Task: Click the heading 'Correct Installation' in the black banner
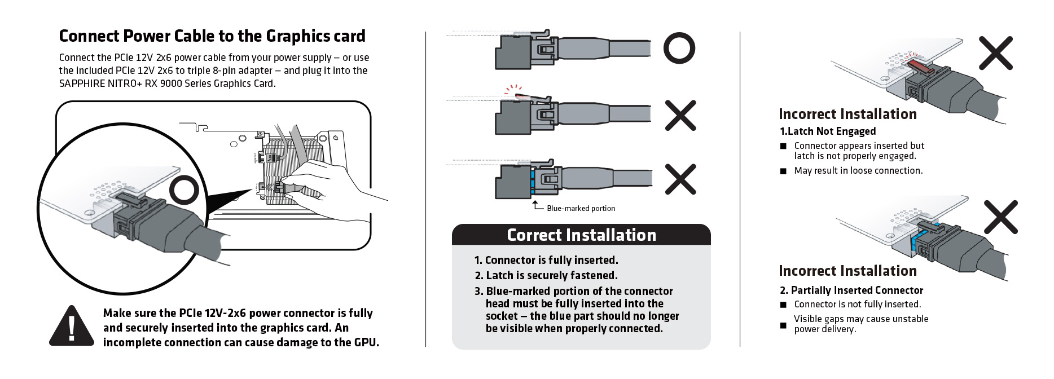point(581,235)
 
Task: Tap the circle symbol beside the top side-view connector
point(679,49)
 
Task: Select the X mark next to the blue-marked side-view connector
point(680,179)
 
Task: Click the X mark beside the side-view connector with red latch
point(680,115)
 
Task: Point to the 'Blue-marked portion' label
point(581,208)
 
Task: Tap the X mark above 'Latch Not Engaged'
point(995,53)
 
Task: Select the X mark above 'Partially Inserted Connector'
point(1000,217)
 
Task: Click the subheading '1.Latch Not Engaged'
point(827,131)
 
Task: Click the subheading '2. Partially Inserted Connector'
point(851,290)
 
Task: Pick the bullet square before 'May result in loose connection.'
point(783,171)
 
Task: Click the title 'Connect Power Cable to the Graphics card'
point(212,36)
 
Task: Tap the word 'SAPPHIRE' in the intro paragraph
point(82,83)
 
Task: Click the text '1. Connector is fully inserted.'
point(546,260)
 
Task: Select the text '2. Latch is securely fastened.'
point(546,275)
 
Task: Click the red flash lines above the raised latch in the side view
point(513,89)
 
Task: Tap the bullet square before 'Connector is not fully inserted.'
point(783,305)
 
